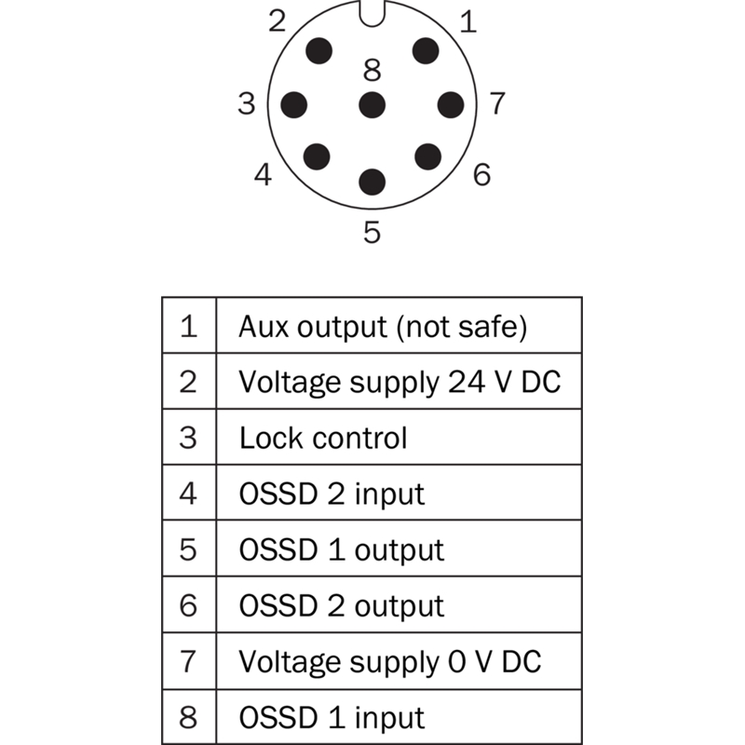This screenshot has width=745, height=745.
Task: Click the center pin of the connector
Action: pos(372,105)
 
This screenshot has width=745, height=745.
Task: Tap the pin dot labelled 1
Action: pos(426,51)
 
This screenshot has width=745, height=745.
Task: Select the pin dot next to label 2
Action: pos(318,51)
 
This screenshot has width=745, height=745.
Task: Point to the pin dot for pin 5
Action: pos(372,182)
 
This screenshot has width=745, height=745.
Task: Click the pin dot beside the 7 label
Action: pos(451,105)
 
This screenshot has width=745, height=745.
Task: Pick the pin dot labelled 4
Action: pos(317,156)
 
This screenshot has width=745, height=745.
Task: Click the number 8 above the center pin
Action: pos(372,70)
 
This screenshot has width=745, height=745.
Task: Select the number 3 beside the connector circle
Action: pos(247,103)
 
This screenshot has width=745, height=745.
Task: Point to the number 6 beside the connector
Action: pos(481,174)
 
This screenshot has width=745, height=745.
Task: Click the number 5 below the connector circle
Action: pos(372,232)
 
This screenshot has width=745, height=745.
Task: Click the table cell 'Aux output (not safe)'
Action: pos(383,327)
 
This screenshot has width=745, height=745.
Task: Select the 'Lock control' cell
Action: pos(323,438)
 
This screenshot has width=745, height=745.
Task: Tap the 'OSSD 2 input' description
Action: pos(332,494)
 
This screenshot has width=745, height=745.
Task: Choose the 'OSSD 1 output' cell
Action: pos(342,549)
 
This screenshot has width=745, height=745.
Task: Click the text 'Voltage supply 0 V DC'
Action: pos(389,661)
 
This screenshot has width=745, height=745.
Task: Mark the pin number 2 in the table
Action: pos(188,382)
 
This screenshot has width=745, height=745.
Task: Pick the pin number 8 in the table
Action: pos(188,717)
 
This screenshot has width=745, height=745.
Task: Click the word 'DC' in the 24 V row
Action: pos(541,382)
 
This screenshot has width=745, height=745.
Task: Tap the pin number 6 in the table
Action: pos(188,605)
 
